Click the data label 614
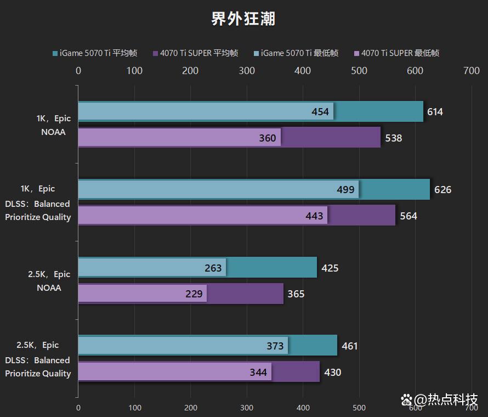coord(435,112)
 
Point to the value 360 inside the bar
coord(268,138)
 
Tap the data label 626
coord(442,190)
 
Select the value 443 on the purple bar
coord(314,216)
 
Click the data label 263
coord(213,268)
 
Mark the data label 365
coord(296,294)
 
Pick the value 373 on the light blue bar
coord(275,346)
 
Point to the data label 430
coord(332,373)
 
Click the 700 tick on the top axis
coord(471,71)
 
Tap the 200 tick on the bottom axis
coord(190,408)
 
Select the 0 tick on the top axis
coord(78,71)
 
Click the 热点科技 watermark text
coord(453,400)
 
